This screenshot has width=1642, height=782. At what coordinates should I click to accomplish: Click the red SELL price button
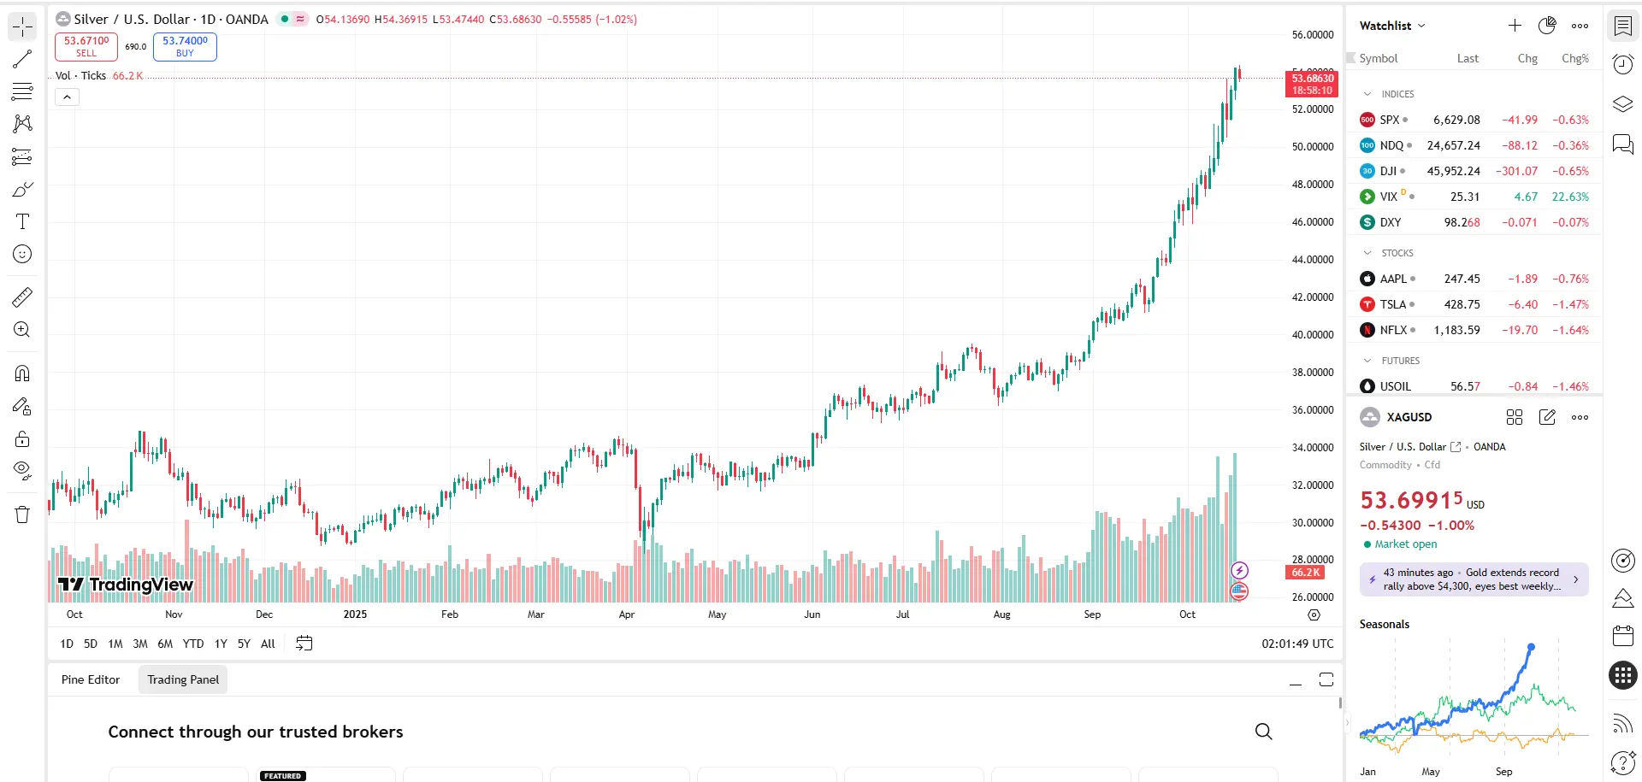pos(86,46)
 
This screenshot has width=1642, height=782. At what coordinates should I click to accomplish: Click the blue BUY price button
pos(185,46)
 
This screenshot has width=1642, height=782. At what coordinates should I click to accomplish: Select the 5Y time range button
pos(244,644)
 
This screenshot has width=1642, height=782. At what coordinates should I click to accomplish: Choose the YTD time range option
pos(193,644)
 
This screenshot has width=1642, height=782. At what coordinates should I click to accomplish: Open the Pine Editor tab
pos(91,679)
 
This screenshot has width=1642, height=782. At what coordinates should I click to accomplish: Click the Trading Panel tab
pos(183,679)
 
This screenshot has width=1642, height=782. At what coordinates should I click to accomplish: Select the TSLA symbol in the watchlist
pos(1393,304)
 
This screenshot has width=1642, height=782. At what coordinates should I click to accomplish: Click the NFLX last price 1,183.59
pos(1456,330)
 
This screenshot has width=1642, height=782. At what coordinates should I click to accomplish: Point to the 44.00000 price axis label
pos(1312,260)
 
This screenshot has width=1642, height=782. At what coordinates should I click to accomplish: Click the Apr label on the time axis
pos(627,614)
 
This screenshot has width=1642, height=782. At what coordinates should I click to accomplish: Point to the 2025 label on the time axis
pos(355,614)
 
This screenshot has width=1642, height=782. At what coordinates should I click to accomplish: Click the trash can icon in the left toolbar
pos(22,514)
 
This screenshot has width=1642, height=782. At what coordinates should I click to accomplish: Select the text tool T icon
pos(22,222)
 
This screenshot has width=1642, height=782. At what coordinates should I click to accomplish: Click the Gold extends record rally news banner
pos(1474,579)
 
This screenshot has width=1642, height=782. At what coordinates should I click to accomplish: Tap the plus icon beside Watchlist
pos(1515,26)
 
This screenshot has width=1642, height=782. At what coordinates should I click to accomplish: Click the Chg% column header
pos(1574,58)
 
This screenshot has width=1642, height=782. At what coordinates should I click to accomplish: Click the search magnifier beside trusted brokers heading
pos(1263,732)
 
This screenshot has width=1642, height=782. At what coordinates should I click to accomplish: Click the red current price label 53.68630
pos(1312,84)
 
